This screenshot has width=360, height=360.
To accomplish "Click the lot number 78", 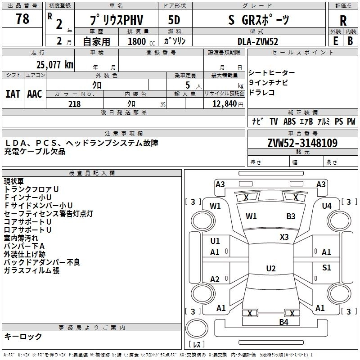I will (22, 20).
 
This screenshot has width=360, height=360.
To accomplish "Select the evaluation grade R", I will (343, 21).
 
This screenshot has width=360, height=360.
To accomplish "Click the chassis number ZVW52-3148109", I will (302, 144).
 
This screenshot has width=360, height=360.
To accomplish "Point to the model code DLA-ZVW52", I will (258, 41).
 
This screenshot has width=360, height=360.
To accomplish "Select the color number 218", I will (74, 104).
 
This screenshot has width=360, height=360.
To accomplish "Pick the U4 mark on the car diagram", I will (327, 206).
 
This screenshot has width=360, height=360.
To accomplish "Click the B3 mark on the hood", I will (291, 216).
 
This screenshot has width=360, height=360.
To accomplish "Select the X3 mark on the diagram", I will (284, 237).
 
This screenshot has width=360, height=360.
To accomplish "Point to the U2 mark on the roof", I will (270, 269).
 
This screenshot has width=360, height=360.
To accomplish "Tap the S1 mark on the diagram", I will (327, 268).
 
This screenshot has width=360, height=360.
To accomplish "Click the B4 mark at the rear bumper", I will (283, 322).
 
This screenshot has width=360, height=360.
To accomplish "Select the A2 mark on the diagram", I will (215, 279).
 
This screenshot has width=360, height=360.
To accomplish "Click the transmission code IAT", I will (13, 94).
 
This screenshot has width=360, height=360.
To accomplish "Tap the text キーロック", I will (23, 336).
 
